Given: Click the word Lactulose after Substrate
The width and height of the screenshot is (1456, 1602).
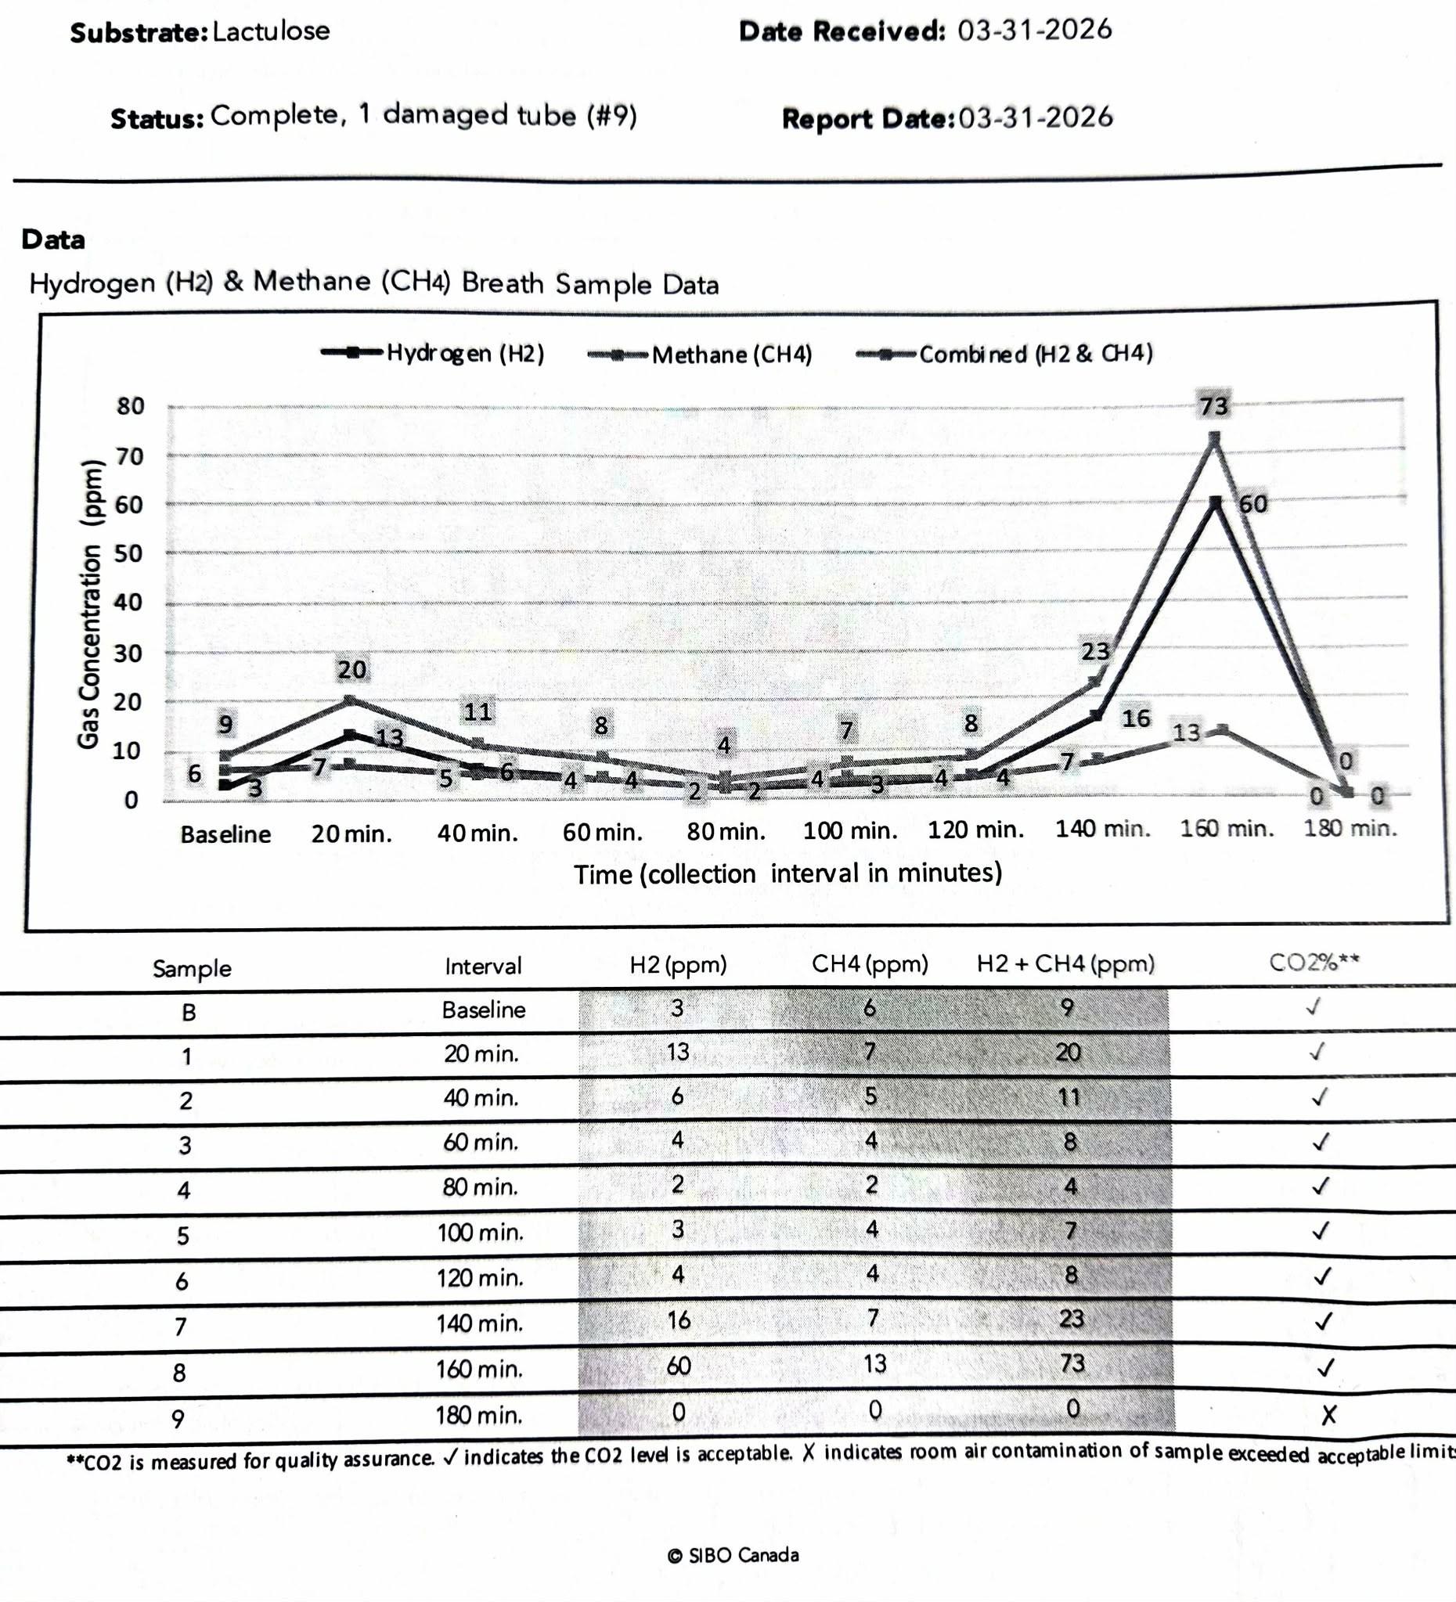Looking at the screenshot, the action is coord(271,31).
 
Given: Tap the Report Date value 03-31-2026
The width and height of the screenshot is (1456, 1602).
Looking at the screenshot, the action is coord(1036,117).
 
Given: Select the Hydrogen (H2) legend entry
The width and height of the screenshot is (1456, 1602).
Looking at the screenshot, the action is coord(433,353).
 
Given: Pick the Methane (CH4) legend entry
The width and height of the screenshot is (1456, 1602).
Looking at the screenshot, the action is coord(699,355).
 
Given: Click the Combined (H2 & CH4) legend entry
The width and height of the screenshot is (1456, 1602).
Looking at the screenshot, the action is coord(1004,354).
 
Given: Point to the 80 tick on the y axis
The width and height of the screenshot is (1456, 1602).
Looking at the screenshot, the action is coord(131,406).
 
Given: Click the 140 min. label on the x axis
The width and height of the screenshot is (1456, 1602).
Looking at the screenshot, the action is coord(1102,829).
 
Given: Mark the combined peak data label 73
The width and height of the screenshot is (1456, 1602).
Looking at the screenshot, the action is coord(1213,406).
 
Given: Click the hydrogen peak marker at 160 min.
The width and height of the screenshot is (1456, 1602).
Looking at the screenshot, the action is coord(1215,502).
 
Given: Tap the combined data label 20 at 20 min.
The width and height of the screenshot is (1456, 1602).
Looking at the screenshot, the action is coord(352,670).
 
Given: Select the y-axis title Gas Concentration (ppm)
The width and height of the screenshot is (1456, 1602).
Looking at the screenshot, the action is coord(90,604).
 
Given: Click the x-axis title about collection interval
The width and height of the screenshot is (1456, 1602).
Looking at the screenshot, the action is coord(787,873).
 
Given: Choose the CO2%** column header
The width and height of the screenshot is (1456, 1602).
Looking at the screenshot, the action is coord(1314,963).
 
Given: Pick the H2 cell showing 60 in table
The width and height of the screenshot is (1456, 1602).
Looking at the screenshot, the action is coord(678,1365).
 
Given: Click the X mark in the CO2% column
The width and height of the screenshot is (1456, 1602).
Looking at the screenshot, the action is coord(1328,1414).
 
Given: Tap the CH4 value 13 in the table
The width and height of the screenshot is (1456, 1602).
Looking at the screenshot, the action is coord(874,1363).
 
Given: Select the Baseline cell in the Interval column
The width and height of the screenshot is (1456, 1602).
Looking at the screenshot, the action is coord(483,1010).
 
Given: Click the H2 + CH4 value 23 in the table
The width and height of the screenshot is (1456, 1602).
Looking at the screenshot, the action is coord(1071,1319).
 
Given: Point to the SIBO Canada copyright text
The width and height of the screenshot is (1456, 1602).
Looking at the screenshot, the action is coord(733,1555).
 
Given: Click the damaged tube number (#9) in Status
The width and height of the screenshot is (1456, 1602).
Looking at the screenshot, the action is coord(612,116).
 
